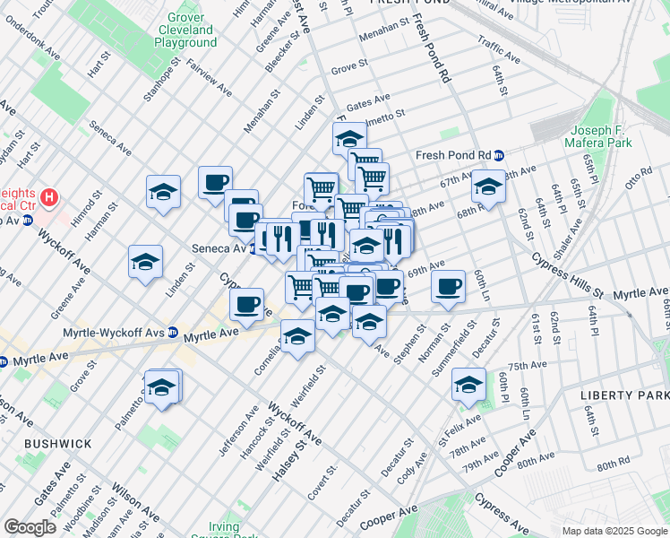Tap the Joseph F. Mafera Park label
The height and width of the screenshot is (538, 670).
[597, 135]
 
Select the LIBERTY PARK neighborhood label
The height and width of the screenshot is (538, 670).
[623, 395]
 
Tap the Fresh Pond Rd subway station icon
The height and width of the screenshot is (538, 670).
[499, 155]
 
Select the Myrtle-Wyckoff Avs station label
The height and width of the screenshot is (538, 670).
[114, 333]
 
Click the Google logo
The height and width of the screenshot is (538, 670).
[30, 526]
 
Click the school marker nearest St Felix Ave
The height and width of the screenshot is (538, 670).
[468, 383]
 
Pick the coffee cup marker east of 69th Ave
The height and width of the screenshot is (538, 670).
[448, 287]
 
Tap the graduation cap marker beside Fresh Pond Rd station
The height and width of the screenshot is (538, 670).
[488, 186]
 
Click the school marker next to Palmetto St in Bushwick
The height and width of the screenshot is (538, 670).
[162, 386]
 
